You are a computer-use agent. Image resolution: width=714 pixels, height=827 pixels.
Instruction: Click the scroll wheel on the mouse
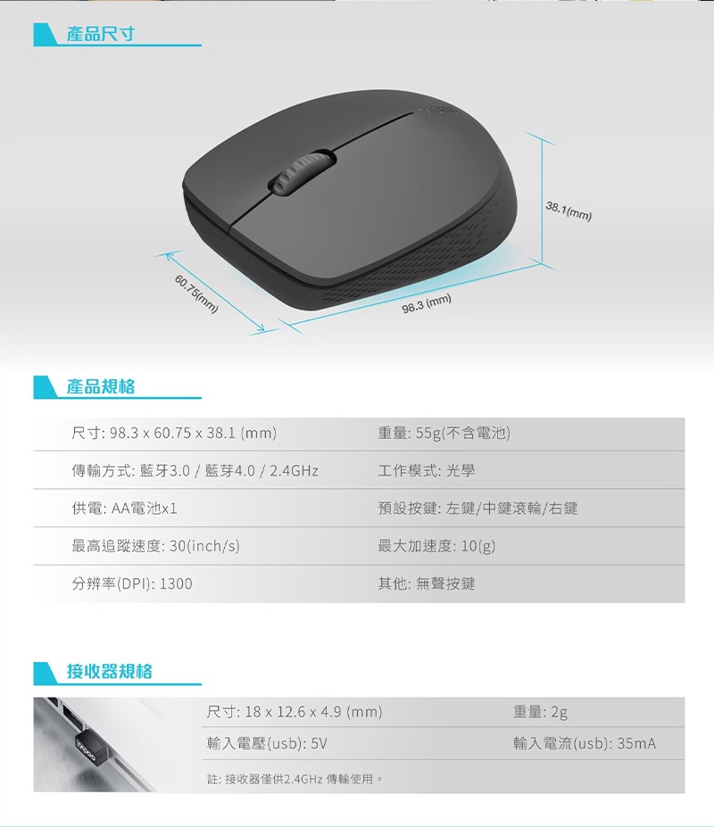pos(303,172)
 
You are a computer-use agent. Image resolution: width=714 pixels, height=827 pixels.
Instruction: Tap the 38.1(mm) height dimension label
pos(569,211)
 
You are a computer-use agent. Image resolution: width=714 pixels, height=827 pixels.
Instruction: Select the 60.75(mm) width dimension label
pos(195,294)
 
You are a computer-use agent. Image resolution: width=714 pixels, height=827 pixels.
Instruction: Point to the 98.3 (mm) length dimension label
pos(427,303)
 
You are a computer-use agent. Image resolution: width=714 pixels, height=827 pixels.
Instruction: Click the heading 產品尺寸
pos(100,34)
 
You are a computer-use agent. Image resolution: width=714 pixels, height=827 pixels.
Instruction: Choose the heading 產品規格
pos(100,386)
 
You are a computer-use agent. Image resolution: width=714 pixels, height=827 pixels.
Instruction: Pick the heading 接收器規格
pos(109,672)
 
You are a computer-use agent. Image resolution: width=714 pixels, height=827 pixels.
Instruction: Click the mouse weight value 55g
pos(428,433)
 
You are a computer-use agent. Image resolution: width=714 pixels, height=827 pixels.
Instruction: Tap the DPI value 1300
pos(176,583)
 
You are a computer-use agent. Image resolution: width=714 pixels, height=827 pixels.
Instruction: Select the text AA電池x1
pos(144,509)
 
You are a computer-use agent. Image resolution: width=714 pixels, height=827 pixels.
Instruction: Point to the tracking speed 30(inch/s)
pos(204,546)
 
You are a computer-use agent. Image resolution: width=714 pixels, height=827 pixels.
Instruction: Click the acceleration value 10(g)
pos(478,546)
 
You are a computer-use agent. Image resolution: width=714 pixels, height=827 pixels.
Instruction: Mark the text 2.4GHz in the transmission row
pos(294,470)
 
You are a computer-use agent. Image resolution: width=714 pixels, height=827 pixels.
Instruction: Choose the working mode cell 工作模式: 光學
pos(427,470)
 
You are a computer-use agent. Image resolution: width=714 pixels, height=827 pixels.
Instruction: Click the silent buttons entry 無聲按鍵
pos(445,583)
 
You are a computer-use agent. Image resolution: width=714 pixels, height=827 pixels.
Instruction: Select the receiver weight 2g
pos(560,713)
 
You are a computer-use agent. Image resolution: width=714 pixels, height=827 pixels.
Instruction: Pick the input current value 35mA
pos(636,744)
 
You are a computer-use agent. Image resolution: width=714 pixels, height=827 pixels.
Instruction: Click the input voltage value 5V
pos(319,744)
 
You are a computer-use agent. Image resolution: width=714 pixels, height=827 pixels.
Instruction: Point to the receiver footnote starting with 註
pos(295,779)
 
